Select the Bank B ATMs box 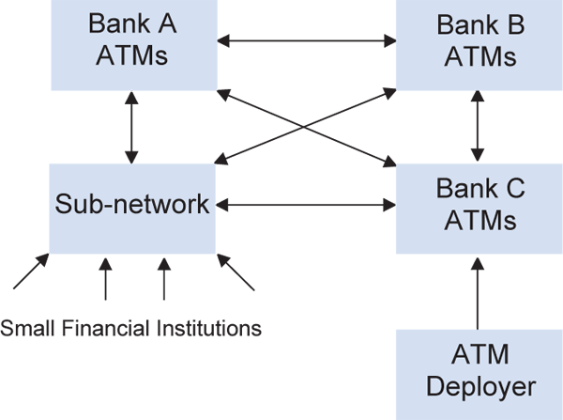pyautogui.click(x=480, y=45)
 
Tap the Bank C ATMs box pyautogui.click(x=480, y=207)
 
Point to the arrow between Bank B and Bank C pyautogui.click(x=480, y=127)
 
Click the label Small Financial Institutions pyautogui.click(x=131, y=328)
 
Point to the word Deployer pyautogui.click(x=480, y=386)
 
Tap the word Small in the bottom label pyautogui.click(x=23, y=328)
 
